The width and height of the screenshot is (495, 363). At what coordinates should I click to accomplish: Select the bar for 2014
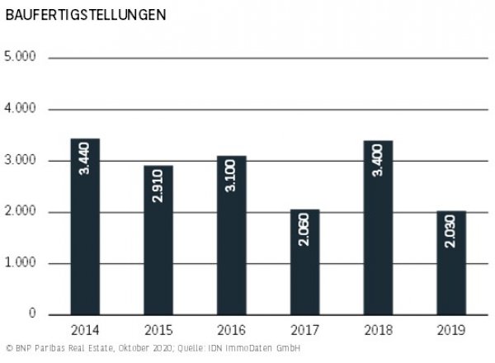coord(85,227)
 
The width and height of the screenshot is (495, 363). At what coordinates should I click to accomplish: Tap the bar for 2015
coord(158,240)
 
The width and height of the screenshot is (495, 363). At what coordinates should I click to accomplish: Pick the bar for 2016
coord(231,235)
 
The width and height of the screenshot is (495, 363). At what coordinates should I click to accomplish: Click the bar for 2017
coord(304,262)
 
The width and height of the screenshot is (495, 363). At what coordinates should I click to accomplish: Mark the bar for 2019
coord(450,263)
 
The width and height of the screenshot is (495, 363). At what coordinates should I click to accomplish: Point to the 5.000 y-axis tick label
coord(20,59)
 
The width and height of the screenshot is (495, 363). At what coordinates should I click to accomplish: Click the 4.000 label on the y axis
coord(20,110)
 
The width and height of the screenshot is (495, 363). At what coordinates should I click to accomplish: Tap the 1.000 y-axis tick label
coord(20,264)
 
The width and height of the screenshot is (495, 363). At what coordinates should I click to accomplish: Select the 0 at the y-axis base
coord(32,315)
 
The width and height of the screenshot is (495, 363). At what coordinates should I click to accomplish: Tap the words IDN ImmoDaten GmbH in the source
coord(260,349)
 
